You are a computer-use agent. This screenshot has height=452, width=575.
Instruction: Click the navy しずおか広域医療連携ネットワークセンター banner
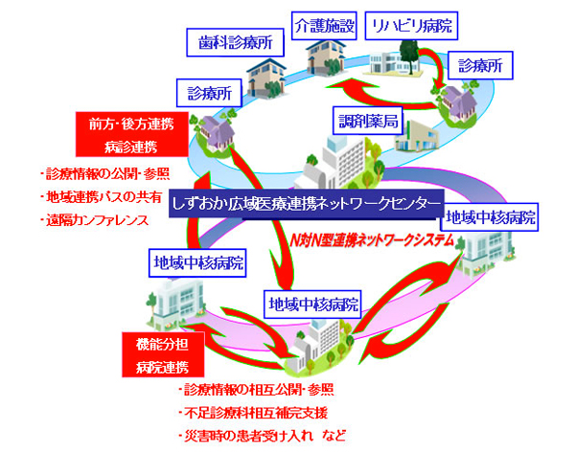305,206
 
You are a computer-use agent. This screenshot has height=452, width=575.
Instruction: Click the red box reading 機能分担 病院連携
162,352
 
